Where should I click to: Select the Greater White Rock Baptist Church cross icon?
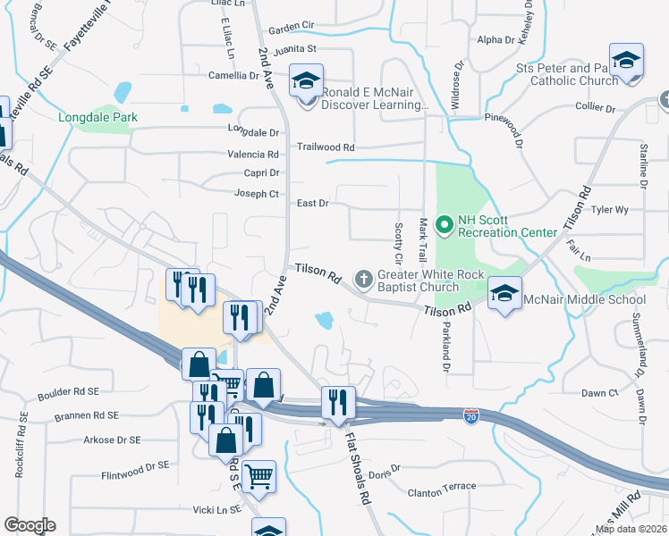[364, 280]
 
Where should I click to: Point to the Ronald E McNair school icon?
[306, 82]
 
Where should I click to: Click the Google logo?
[30, 525]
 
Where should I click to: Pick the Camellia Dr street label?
[233, 76]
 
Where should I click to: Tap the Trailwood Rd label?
[326, 147]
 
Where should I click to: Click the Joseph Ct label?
[257, 193]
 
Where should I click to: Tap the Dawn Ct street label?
[600, 392]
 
